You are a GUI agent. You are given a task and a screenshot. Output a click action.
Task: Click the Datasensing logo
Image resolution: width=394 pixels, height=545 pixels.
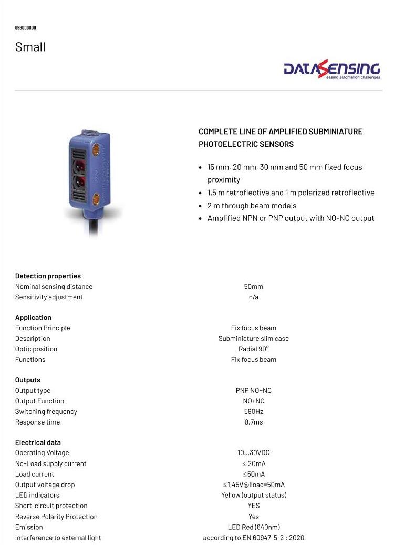[331, 69]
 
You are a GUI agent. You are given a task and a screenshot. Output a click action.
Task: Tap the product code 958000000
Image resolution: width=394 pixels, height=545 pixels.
[25, 28]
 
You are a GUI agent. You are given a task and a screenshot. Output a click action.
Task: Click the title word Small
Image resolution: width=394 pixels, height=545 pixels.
[30, 47]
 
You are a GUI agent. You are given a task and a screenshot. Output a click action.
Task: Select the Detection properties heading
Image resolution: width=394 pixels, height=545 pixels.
[48, 276]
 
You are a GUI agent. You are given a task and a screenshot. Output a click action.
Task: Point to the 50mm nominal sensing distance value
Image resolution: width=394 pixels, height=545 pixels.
[253, 287]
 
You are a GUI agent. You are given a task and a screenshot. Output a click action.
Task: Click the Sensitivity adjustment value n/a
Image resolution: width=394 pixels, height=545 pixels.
[253, 297]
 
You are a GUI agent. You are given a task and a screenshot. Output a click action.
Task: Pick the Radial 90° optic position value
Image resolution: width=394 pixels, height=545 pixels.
[253, 349]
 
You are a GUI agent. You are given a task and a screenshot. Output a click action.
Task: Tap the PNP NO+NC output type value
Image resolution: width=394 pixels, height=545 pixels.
[253, 390]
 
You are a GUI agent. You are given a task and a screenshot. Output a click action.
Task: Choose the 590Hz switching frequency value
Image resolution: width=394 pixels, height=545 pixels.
[253, 411]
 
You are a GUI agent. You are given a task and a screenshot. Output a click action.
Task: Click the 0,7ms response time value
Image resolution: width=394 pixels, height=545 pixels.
[253, 422]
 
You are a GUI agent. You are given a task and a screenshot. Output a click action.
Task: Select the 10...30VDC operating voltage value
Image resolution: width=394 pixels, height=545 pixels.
[253, 452]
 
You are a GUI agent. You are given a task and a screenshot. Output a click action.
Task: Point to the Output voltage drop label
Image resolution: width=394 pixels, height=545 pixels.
[45, 485]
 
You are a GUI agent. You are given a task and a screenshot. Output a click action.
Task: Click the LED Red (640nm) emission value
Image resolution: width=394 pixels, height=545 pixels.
[253, 527]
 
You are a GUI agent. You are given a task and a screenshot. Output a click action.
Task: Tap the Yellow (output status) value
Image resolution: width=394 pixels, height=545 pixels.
[253, 495]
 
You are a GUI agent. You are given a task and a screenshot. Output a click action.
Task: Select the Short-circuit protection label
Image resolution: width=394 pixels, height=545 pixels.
[51, 506]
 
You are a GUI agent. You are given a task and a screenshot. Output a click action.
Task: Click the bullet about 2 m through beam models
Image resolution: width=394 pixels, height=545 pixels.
[252, 206]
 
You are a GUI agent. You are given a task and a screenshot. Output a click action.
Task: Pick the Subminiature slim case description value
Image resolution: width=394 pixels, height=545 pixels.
[253, 338]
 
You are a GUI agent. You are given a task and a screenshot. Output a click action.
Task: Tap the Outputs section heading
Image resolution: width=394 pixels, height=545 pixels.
[27, 380]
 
